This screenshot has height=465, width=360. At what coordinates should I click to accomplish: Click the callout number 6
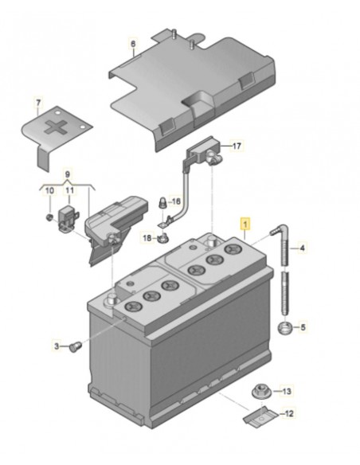tap(134, 44)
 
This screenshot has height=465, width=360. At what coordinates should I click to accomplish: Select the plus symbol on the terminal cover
tap(55, 128)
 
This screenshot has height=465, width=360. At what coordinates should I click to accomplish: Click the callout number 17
tap(235, 147)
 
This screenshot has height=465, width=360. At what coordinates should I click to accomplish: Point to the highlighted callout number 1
tap(246, 224)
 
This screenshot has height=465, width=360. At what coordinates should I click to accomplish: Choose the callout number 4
tap(303, 248)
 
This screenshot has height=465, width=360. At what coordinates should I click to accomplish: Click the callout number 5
tap(303, 326)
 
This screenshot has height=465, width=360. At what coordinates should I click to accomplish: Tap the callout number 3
tap(57, 346)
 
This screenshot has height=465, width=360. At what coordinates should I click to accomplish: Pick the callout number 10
tap(49, 190)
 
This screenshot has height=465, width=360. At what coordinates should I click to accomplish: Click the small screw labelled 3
tap(76, 346)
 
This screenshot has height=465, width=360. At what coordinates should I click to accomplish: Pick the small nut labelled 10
tap(49, 215)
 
